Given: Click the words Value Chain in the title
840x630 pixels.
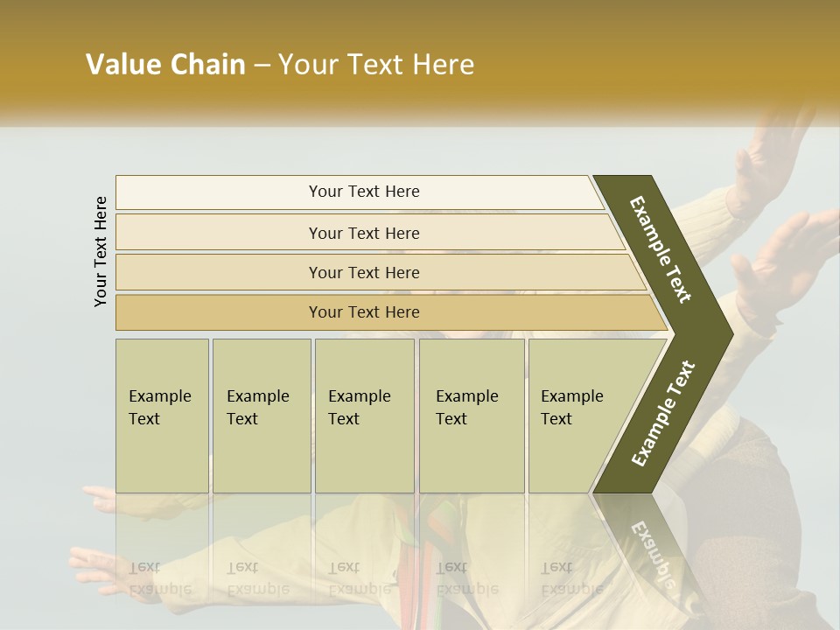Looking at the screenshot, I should (x=165, y=65).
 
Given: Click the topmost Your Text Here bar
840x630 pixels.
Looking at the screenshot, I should (x=363, y=192).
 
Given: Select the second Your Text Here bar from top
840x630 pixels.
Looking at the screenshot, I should (x=363, y=233).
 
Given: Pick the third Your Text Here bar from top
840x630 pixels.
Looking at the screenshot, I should (x=363, y=272).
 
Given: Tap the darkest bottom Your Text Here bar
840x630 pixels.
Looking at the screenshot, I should (x=363, y=312).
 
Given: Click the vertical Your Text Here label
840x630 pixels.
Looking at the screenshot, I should (x=101, y=251).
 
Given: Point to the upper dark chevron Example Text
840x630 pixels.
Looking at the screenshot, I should (x=661, y=249).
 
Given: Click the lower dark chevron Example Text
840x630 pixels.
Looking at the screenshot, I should (x=662, y=413).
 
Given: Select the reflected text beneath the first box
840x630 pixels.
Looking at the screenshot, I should (x=161, y=577).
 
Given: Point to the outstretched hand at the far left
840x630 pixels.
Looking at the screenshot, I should (x=96, y=560).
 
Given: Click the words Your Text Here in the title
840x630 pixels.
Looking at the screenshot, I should (x=376, y=65).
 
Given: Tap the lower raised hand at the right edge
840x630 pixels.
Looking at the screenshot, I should (x=792, y=254).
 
